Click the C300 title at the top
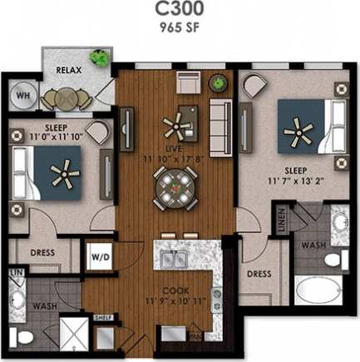[x=180, y=10]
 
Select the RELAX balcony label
[x=68, y=71]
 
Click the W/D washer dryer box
[x=98, y=256]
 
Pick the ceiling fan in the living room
[x=176, y=127]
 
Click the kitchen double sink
[x=175, y=261]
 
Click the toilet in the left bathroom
[x=24, y=338]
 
